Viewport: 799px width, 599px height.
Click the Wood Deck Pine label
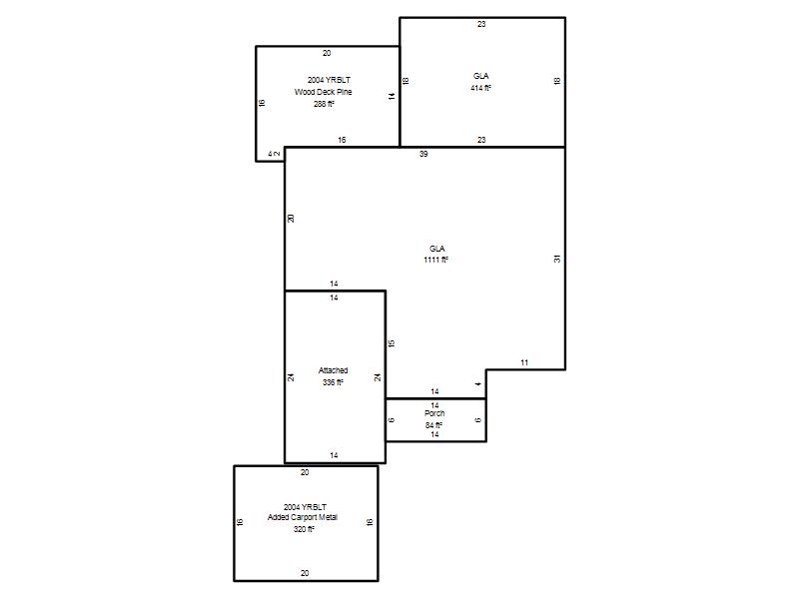click(323, 92)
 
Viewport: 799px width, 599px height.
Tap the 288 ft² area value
click(324, 104)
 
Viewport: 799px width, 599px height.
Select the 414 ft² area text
click(481, 88)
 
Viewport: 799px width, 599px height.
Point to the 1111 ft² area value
click(436, 260)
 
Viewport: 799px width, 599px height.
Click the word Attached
click(334, 370)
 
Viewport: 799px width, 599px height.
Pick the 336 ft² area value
click(333, 382)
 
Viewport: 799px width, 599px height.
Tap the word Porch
click(434, 413)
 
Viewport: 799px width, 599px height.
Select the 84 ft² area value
click(434, 425)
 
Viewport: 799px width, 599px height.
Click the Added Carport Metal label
click(303, 517)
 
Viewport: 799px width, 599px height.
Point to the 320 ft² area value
click(304, 529)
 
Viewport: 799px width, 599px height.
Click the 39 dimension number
click(423, 154)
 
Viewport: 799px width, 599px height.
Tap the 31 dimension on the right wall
click(557, 259)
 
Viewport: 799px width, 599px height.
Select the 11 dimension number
click(524, 362)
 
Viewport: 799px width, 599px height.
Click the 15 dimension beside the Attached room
click(392, 343)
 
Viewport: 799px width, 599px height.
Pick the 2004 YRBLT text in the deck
click(329, 80)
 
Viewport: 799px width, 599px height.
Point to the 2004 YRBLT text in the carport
click(305, 507)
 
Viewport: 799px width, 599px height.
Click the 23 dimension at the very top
click(481, 24)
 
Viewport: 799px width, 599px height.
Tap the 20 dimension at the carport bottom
click(305, 573)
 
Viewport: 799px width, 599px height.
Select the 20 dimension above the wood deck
click(327, 53)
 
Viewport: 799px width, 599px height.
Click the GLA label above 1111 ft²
click(437, 249)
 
